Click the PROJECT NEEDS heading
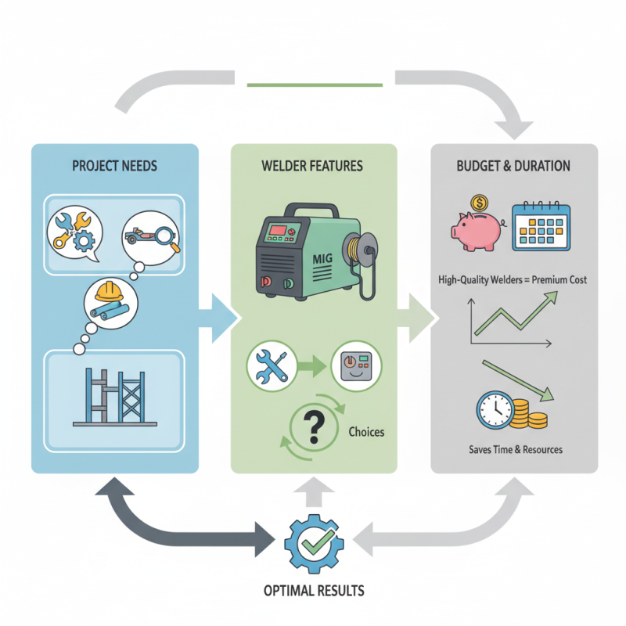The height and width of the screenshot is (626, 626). (115, 166)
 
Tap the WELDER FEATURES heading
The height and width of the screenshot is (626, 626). (314, 166)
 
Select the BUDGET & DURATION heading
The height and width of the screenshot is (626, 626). (513, 166)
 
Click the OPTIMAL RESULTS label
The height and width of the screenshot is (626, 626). (313, 589)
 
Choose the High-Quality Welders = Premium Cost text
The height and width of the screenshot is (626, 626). (515, 279)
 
